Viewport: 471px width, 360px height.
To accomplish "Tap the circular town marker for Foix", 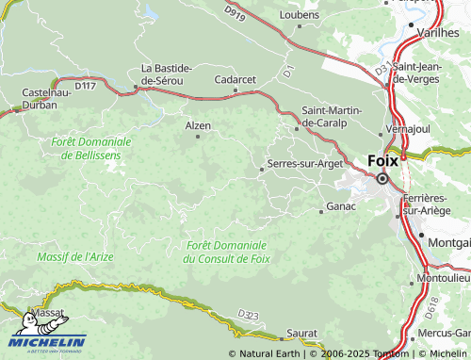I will (x=382, y=178).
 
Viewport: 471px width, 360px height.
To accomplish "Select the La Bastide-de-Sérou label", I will (x=167, y=74).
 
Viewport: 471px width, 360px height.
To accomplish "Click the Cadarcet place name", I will (x=235, y=80).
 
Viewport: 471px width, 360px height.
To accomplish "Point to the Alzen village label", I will (x=198, y=125).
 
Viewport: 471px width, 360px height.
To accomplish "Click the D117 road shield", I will (x=85, y=86).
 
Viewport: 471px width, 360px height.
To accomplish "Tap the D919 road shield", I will (x=235, y=12).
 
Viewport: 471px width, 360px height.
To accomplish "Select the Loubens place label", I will (x=300, y=15).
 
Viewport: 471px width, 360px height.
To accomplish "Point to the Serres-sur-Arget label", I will (x=305, y=163).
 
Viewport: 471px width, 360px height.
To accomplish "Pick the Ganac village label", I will (x=340, y=205).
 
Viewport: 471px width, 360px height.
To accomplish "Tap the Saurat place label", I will (x=301, y=334).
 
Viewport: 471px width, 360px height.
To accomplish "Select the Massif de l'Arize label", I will (x=75, y=255).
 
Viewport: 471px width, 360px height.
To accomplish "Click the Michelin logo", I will (x=47, y=343).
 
